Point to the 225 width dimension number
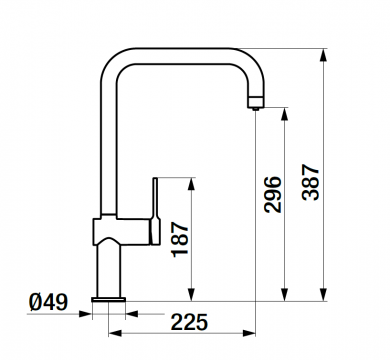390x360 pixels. (x=188, y=321)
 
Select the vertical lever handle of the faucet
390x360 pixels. (x=155, y=205)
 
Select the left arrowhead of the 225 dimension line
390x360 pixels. (x=113, y=333)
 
